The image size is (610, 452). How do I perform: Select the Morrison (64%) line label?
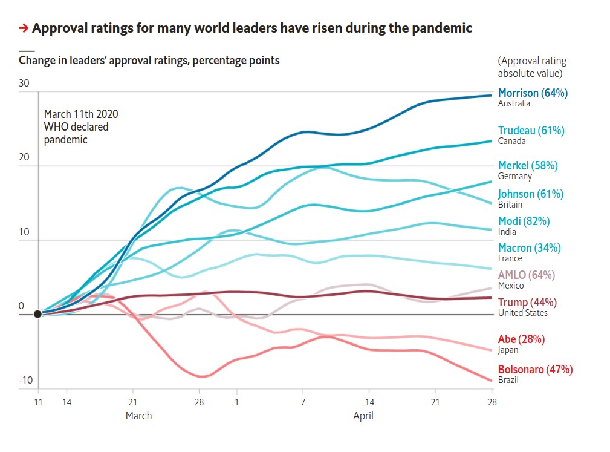tap(533, 93)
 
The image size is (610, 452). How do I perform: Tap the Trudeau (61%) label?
tap(531, 131)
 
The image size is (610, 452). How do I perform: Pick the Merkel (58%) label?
tap(528, 165)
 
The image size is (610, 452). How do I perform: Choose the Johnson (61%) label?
tap(530, 194)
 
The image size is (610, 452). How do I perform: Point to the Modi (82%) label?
tap(524, 221)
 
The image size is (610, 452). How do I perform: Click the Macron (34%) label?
tap(529, 248)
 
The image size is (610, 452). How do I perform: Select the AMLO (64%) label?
tap(526, 275)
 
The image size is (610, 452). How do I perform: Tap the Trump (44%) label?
tap(527, 303)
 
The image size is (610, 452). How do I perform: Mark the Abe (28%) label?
tap(521, 339)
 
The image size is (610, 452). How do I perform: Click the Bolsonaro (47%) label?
tap(535, 370)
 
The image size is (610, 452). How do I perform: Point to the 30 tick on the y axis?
tap(24, 84)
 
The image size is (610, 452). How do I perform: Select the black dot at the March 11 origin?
tap(38, 314)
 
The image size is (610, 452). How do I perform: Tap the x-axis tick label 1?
tap(236, 402)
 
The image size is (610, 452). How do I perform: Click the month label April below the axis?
tap(363, 416)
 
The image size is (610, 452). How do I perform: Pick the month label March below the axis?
tap(138, 416)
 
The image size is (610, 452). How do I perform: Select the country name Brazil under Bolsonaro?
tap(508, 381)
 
